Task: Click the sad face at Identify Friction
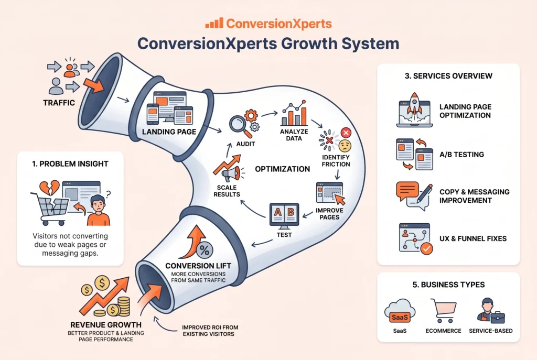(345, 146)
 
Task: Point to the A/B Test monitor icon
(284, 215)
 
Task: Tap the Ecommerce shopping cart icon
(443, 310)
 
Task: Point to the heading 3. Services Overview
(448, 76)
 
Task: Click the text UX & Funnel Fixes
(472, 239)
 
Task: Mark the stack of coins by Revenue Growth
(123, 305)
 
